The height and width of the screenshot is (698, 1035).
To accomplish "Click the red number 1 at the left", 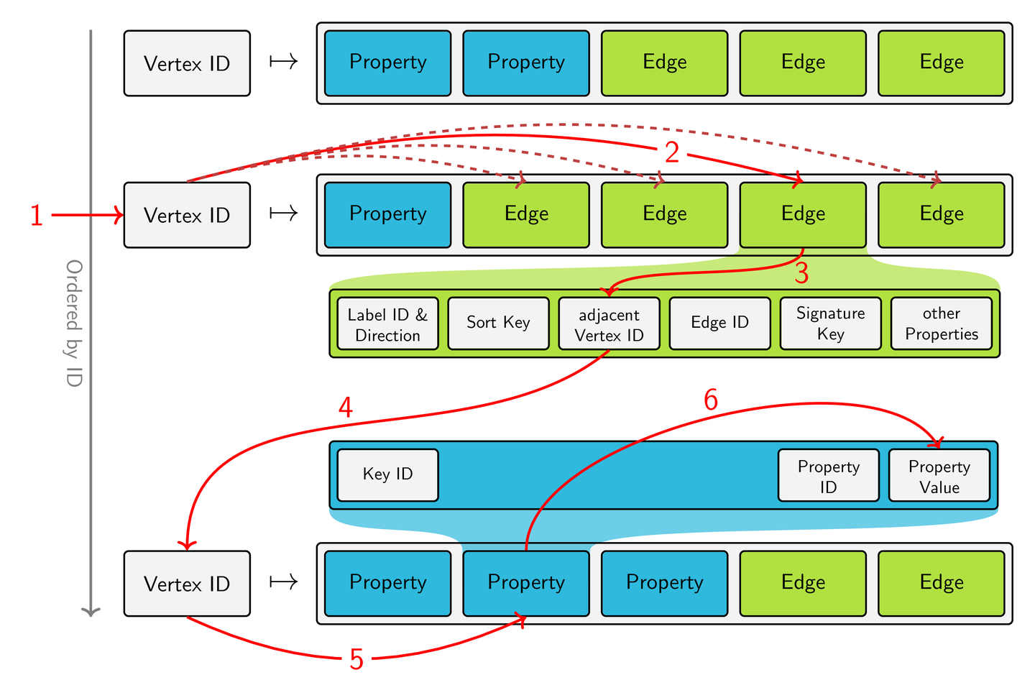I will pos(37,216).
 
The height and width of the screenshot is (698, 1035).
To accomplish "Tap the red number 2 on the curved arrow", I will pos(671,152).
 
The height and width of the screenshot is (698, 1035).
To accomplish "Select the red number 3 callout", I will pos(801,274).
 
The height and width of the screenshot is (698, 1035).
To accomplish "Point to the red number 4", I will pos(345,408).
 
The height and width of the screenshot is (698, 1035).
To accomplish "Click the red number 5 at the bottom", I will pos(356,659).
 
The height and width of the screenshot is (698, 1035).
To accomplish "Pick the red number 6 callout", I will pos(710,400).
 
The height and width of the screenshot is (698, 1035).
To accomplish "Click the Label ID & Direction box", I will pos(387,324).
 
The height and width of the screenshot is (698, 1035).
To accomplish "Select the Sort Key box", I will pos(498,323).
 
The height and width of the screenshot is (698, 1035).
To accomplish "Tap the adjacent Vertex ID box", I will pos(609,324).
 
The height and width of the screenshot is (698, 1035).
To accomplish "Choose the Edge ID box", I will pos(719,323).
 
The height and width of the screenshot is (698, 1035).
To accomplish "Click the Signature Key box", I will pos(830,323).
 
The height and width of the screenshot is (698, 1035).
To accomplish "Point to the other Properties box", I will pos(941,323).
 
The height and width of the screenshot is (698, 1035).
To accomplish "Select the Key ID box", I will pos(387,474).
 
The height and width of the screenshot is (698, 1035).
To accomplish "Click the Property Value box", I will pos(939,476).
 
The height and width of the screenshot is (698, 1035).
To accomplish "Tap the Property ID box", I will pos(828,476).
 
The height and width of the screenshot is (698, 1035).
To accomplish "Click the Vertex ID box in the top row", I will pos(187,63).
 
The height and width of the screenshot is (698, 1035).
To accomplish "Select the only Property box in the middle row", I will pos(387,214).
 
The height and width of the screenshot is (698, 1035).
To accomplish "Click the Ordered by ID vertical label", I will pos(74,323).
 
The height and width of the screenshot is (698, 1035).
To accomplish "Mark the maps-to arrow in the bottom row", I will pos(283,582).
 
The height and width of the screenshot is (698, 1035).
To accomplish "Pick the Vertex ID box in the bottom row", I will pos(187,584).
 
